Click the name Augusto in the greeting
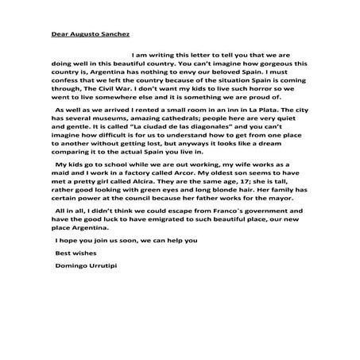click(81, 34)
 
